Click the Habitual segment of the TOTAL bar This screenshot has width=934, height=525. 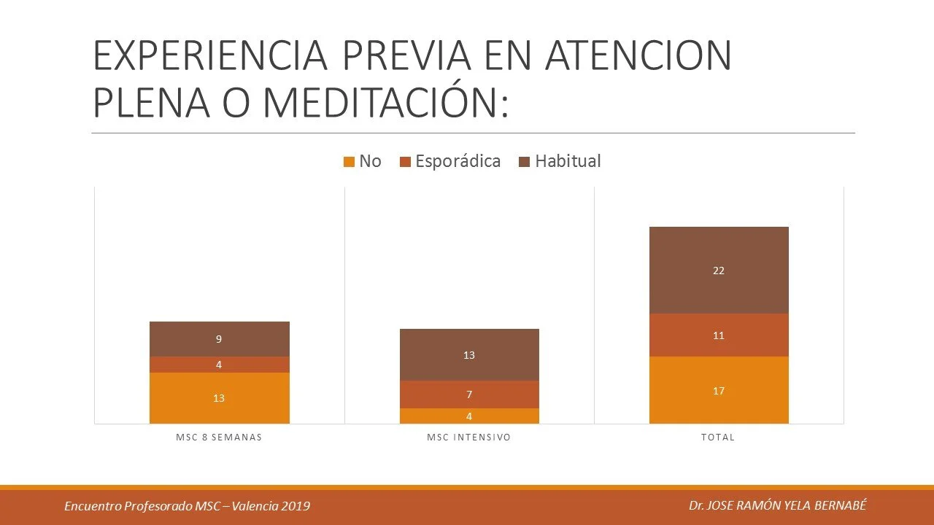[x=719, y=270]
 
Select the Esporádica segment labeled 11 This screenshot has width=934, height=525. [x=719, y=335]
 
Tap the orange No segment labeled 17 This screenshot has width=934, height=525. [x=719, y=390]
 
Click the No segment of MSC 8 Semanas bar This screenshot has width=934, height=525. [x=219, y=398]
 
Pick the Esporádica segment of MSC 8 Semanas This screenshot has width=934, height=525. [x=219, y=365]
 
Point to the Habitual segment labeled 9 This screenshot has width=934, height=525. [x=219, y=339]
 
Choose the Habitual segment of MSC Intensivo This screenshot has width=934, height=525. [x=469, y=355]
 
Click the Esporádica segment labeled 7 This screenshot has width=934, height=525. [x=469, y=394]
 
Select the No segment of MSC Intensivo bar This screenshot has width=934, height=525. [x=469, y=416]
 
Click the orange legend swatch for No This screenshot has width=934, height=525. [x=349, y=162]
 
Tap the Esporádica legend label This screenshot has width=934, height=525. [x=458, y=161]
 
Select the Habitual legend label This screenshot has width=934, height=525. [x=568, y=161]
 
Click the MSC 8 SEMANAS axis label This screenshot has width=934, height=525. [x=219, y=437]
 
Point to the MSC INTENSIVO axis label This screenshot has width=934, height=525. [x=469, y=437]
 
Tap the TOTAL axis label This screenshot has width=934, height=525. [x=719, y=437]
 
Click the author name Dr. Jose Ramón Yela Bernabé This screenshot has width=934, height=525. [x=778, y=505]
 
